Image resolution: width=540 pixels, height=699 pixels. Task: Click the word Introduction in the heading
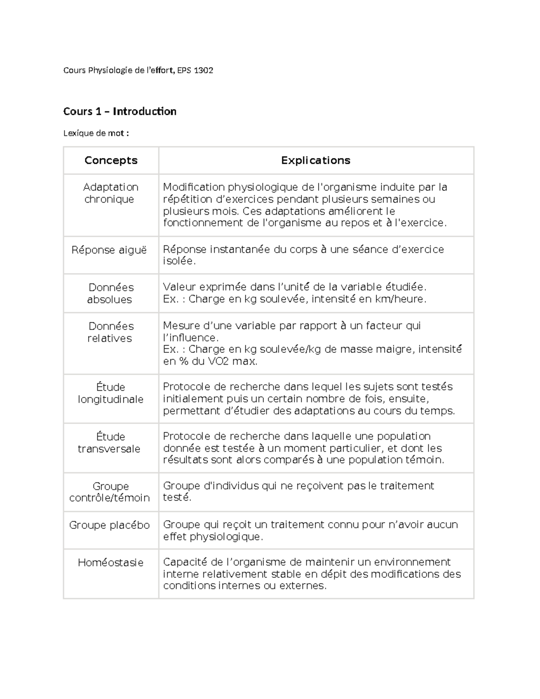pyautogui.click(x=144, y=111)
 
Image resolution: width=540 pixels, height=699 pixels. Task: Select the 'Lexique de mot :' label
pyautogui.click(x=96, y=133)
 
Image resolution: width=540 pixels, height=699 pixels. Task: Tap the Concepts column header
pyautogui.click(x=111, y=160)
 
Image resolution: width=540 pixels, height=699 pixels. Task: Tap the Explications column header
pyautogui.click(x=315, y=160)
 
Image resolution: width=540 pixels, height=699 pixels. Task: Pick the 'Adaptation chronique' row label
pyautogui.click(x=110, y=193)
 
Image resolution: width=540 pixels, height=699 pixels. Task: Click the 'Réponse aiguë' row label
pyautogui.click(x=109, y=250)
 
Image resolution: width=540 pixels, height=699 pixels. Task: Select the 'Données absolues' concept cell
pyautogui.click(x=111, y=293)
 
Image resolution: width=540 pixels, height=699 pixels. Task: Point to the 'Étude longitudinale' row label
pyautogui.click(x=111, y=393)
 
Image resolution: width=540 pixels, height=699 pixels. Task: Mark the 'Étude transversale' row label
pyautogui.click(x=110, y=442)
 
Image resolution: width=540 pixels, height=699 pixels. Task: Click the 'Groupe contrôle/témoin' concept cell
pyautogui.click(x=110, y=492)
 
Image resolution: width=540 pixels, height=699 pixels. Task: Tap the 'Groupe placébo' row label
pyautogui.click(x=109, y=525)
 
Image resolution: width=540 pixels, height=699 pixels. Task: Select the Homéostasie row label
pyautogui.click(x=111, y=562)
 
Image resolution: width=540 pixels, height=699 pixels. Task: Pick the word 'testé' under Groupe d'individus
pyautogui.click(x=176, y=497)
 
